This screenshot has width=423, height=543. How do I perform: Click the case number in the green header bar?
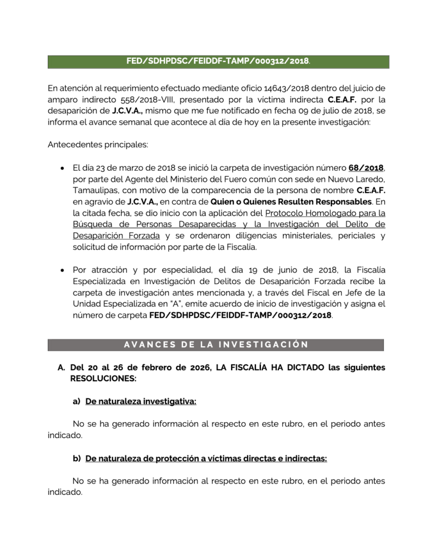(217, 62)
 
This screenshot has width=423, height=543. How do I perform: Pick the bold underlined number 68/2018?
(366, 168)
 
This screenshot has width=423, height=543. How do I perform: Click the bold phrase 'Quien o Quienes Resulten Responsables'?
(290, 203)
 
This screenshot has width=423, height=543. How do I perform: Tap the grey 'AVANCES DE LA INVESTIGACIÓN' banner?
(215, 345)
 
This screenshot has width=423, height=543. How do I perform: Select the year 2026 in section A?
(195, 368)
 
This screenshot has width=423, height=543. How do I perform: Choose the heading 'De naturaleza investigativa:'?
(140, 402)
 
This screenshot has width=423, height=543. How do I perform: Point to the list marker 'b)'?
(76, 459)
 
